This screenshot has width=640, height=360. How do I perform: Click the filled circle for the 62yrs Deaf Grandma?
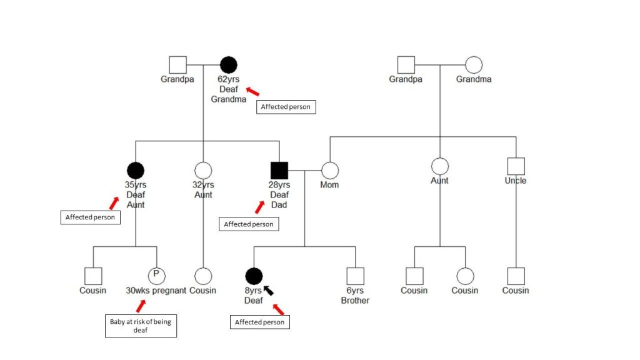[229, 64]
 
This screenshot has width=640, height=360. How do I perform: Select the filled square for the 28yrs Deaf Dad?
[279, 170]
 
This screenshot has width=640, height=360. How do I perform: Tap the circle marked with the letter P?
[156, 276]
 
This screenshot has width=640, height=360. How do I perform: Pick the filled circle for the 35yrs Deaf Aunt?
[136, 170]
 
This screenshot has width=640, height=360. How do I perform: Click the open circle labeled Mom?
[330, 170]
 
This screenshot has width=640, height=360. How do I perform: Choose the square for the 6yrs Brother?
[356, 276]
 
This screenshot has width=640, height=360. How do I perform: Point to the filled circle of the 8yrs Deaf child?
[254, 276]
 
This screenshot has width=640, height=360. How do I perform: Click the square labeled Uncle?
[516, 166]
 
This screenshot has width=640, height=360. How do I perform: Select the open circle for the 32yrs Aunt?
[203, 170]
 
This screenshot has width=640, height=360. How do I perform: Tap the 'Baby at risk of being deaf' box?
[140, 326]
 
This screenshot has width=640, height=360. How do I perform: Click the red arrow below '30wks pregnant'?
[142, 306]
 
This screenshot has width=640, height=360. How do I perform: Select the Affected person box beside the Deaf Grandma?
[286, 107]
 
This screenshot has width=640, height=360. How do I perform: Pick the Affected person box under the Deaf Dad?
[249, 224]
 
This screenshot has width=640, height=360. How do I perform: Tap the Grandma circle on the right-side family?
[473, 64]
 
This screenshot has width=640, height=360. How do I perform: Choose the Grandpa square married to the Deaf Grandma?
[177, 64]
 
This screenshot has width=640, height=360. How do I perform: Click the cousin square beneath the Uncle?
[516, 276]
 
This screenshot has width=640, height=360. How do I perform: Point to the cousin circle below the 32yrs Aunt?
[203, 276]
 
